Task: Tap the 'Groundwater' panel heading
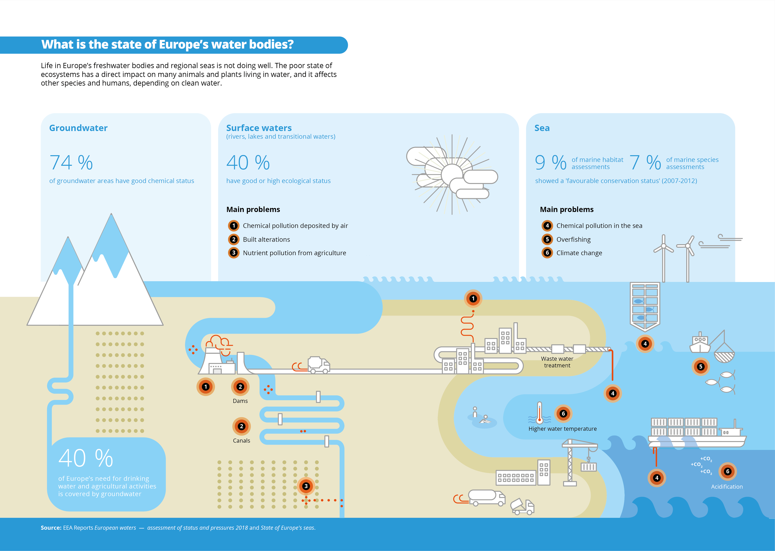(78, 128)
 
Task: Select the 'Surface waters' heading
(259, 128)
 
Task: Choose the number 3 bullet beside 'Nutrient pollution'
(234, 253)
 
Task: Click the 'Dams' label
(240, 401)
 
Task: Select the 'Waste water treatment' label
(557, 362)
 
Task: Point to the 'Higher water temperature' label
(562, 429)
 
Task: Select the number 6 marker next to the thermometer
(563, 414)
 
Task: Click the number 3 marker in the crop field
(306, 486)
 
